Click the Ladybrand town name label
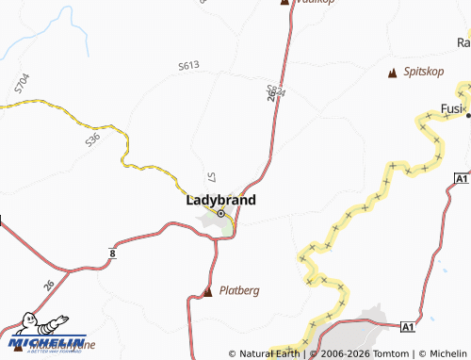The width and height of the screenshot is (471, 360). [220, 200]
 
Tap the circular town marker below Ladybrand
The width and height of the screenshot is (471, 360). [221, 214]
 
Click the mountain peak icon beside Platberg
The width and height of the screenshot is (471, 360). [208, 291]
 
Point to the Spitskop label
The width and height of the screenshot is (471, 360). [423, 73]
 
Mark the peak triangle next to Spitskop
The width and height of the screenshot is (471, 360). [392, 73]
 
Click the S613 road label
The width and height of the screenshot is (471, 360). [188, 66]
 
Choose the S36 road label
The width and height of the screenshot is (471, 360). [91, 140]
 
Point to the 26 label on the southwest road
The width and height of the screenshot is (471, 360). [48, 285]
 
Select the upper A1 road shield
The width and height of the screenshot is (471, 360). [460, 178]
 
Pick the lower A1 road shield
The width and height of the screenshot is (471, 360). [407, 326]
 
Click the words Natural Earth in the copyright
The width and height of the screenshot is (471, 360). [274, 353]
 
